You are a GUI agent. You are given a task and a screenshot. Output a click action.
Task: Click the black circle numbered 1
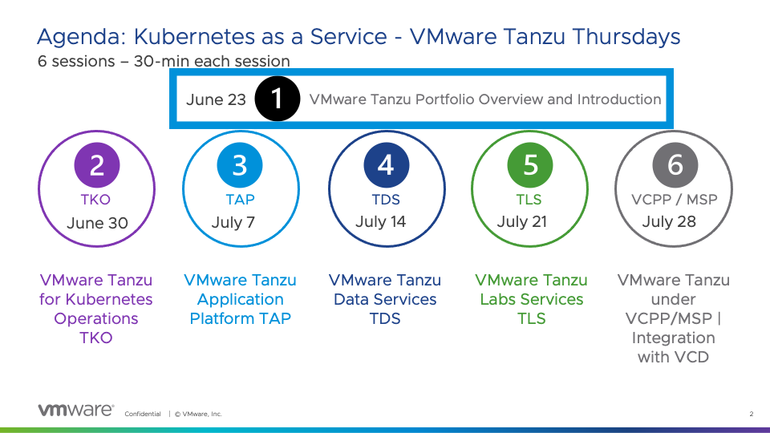[x=278, y=99]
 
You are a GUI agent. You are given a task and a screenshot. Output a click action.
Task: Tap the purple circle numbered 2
[x=97, y=165]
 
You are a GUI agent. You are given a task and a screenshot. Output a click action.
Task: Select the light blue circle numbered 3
[x=240, y=165]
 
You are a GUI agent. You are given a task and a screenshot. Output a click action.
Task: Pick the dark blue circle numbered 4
[x=386, y=165]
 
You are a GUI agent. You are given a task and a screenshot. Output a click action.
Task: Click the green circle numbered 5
[x=530, y=165]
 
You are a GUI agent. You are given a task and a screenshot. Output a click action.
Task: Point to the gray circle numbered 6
[x=675, y=165]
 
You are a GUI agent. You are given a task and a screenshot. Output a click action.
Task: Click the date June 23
[x=216, y=99]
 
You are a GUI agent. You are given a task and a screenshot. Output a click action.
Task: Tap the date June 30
[x=97, y=223]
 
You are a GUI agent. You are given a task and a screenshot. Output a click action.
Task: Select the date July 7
[x=233, y=222]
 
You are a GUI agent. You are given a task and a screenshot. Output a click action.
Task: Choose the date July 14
[x=380, y=222]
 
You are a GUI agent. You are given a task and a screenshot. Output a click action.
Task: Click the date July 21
[x=522, y=222]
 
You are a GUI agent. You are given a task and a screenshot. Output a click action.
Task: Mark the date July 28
[x=669, y=222]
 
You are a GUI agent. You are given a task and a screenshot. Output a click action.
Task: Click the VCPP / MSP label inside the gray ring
[x=675, y=200]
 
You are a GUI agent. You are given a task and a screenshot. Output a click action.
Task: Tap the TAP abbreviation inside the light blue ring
[x=240, y=200]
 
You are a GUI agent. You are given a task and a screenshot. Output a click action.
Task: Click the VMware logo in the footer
[x=76, y=410]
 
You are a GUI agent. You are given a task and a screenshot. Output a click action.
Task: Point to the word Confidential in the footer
[x=143, y=414]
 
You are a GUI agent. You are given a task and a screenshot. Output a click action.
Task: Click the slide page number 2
[x=752, y=414]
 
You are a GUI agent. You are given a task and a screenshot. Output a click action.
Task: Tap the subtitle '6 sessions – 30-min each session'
[x=164, y=62]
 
